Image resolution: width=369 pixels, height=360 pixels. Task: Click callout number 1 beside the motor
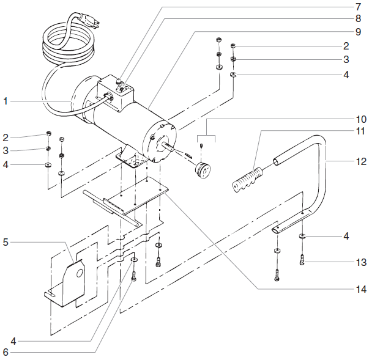point(6,101)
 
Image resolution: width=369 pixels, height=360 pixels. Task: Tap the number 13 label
point(362,263)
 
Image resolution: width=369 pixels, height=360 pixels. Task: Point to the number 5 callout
point(6,242)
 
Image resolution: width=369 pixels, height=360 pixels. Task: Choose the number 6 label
point(6,351)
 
